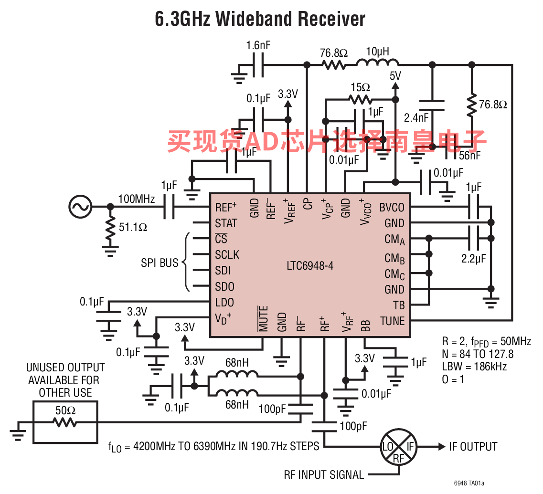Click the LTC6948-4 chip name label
[x=310, y=266]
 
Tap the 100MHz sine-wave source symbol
[x=80, y=207]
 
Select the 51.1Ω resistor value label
[x=133, y=228]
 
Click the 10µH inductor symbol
[x=377, y=63]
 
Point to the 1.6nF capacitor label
[x=258, y=45]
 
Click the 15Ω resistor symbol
[x=361, y=100]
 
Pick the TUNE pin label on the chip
[x=392, y=321]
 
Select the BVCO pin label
[x=392, y=207]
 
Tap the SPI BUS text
[x=160, y=263]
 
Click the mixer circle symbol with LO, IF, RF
[x=399, y=447]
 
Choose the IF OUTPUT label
[x=473, y=447]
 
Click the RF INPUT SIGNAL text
[x=324, y=474]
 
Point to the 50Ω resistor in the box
[x=65, y=422]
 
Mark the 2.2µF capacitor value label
[x=473, y=259]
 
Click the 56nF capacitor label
[x=470, y=156]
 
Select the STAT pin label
[x=226, y=223]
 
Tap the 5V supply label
[x=395, y=76]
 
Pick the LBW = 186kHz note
[x=474, y=366]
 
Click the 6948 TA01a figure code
[x=469, y=483]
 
